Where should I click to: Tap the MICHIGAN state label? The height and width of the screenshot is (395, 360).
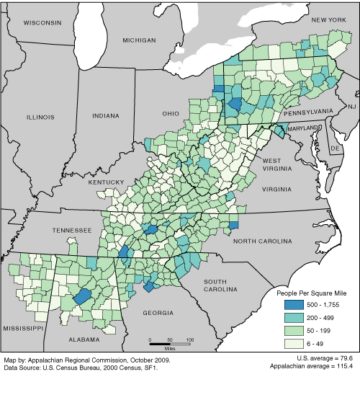point(138,40)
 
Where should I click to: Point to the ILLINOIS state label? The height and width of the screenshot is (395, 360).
point(40,116)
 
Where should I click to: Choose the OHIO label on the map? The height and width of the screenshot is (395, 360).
point(170,113)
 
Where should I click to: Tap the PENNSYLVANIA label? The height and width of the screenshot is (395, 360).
point(307,112)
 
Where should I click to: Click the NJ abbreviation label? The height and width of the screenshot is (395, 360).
point(352,107)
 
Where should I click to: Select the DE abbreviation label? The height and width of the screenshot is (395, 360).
point(334,148)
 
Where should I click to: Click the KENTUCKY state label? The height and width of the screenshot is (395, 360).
point(107,182)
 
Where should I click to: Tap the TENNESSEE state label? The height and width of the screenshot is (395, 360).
point(71,230)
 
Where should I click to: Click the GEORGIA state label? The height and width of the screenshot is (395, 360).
point(158,313)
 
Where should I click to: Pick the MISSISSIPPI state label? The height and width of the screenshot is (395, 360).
point(22,327)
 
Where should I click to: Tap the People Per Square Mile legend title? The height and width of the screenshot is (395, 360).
point(314,293)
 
